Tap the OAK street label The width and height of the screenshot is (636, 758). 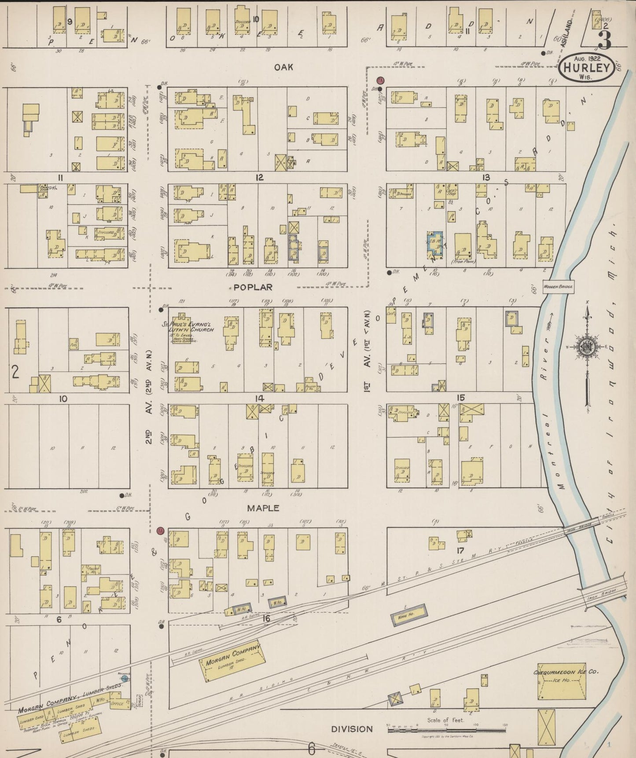coord(283,67)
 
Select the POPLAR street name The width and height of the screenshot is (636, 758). coord(253,287)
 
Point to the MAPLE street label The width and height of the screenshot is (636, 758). coord(263,508)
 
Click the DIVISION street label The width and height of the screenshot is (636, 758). coord(352,729)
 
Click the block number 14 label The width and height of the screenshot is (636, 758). coord(259,399)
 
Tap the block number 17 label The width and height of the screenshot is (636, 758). coord(460,550)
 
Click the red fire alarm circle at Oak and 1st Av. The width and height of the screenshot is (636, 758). coord(380,81)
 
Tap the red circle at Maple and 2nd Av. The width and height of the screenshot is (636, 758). coord(160,531)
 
